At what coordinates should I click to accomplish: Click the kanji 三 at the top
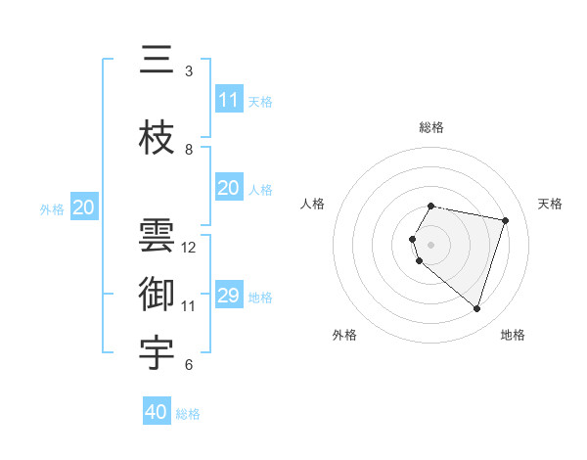[x=158, y=62]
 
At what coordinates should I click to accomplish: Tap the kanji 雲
[x=158, y=237]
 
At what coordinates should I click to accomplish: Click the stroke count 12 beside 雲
[x=189, y=248]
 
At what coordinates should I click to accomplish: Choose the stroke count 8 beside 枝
[x=189, y=150]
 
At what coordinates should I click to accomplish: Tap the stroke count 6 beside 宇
[x=189, y=366]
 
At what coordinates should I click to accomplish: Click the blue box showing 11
[x=229, y=100]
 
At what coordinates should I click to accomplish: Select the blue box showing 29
[x=229, y=296]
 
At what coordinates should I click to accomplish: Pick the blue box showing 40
[x=157, y=412]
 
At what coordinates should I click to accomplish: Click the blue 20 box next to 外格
[x=84, y=207]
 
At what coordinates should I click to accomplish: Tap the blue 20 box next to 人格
[x=229, y=188]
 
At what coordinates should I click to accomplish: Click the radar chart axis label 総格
[x=431, y=127]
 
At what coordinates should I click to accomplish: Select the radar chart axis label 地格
[x=513, y=335]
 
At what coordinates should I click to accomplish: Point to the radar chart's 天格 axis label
[x=550, y=204]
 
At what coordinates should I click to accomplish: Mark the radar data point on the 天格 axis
[x=505, y=220]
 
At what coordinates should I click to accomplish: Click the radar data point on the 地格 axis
[x=476, y=309]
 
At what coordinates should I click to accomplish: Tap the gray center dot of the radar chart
[x=431, y=244]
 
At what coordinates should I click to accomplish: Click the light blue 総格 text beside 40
[x=188, y=414]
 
